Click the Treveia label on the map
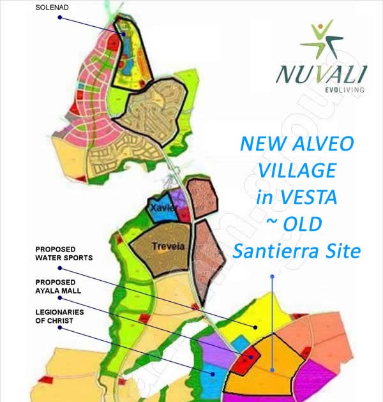coord(163,246)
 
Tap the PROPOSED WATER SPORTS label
coord(64,253)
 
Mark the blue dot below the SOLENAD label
coord(59,18)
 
